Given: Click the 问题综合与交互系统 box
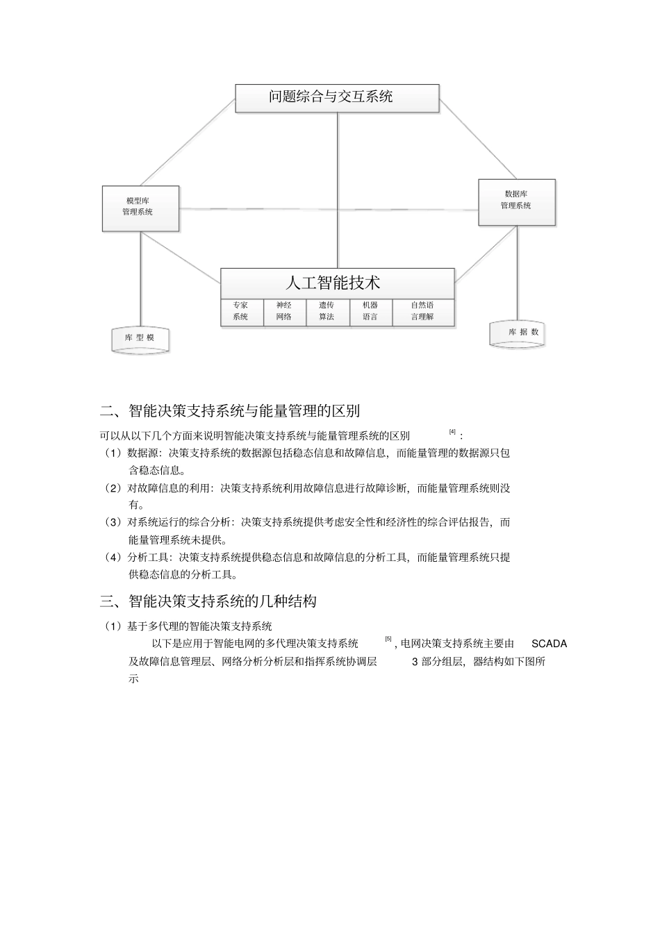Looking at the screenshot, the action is pyautogui.click(x=337, y=98).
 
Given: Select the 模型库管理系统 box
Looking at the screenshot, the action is pyautogui.click(x=140, y=208).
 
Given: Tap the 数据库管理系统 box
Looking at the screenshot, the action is pyautogui.click(x=516, y=202).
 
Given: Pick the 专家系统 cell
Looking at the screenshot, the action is pyautogui.click(x=240, y=311).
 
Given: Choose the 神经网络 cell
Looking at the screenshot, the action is pyautogui.click(x=283, y=311).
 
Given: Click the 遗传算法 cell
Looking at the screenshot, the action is pyautogui.click(x=327, y=311).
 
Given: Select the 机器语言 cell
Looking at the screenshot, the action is pyautogui.click(x=370, y=311).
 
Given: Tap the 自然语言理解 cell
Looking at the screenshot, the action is pyautogui.click(x=422, y=311).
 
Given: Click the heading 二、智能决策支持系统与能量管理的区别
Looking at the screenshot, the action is pyautogui.click(x=230, y=410).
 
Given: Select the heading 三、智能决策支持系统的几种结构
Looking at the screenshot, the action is pyautogui.click(x=208, y=601).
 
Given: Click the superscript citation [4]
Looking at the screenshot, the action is pyautogui.click(x=452, y=433).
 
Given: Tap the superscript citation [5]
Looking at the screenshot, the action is pyautogui.click(x=388, y=639).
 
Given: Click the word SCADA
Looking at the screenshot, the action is pyautogui.click(x=549, y=644).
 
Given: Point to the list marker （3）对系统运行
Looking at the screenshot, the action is pyautogui.click(x=113, y=522).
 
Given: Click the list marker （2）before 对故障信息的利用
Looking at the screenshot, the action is pyautogui.click(x=113, y=488).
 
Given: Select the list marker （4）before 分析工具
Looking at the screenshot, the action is pyautogui.click(x=113, y=557).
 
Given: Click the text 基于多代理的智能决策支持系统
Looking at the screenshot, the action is pyautogui.click(x=199, y=626).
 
